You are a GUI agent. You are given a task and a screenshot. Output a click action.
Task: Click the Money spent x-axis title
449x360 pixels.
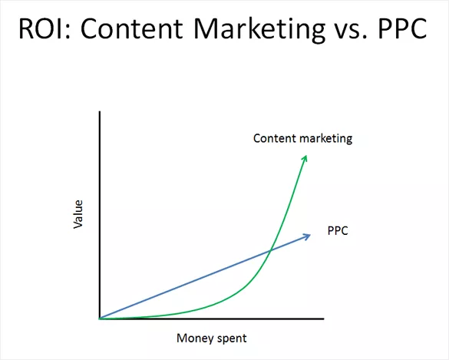coord(212,338)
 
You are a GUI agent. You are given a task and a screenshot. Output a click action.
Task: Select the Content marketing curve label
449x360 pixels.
coord(302,139)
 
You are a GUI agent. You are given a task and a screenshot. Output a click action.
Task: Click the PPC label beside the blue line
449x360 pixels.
coord(338,230)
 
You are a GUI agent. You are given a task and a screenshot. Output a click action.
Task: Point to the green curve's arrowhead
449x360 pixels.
coord(305,157)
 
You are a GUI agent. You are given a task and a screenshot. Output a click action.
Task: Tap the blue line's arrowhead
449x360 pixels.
coord(308,235)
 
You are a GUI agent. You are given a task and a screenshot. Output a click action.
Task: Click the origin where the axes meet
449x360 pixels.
coord(99,318)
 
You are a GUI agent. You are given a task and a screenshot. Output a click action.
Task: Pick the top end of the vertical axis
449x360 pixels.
coord(99,112)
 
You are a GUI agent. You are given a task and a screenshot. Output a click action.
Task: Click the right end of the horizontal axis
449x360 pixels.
coord(323,318)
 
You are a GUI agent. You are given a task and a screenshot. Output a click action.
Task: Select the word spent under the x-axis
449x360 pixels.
coord(233,338)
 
